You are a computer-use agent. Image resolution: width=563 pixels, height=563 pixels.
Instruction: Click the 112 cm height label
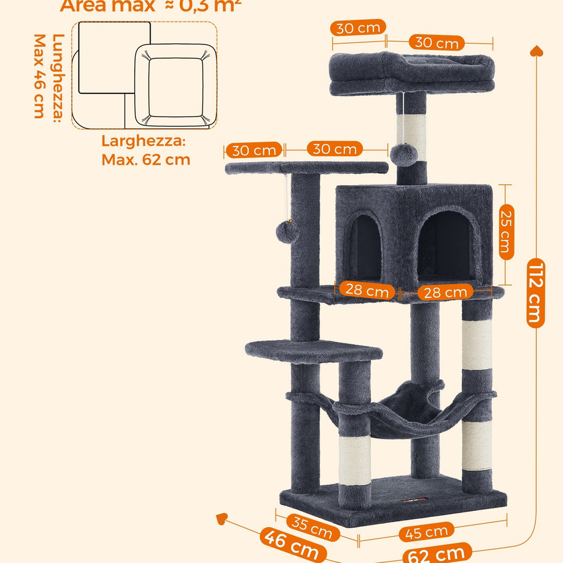coord(536,294)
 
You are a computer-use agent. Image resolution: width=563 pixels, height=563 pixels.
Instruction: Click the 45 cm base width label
coord(426,532)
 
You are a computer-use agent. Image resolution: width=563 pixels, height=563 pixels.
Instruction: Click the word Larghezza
coord(143,141)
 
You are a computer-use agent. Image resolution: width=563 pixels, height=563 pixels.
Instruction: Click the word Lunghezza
coord(57,77)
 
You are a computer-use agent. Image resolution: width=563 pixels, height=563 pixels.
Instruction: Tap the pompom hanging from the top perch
coord(404,154)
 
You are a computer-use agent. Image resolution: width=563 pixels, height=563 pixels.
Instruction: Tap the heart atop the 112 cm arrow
coord(537,51)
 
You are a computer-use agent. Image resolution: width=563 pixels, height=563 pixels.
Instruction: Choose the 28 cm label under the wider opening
coord(446,292)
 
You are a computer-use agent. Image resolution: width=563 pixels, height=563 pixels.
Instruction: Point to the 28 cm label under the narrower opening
coord(367,290)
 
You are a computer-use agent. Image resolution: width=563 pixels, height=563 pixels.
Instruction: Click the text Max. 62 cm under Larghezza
coord(146,160)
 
